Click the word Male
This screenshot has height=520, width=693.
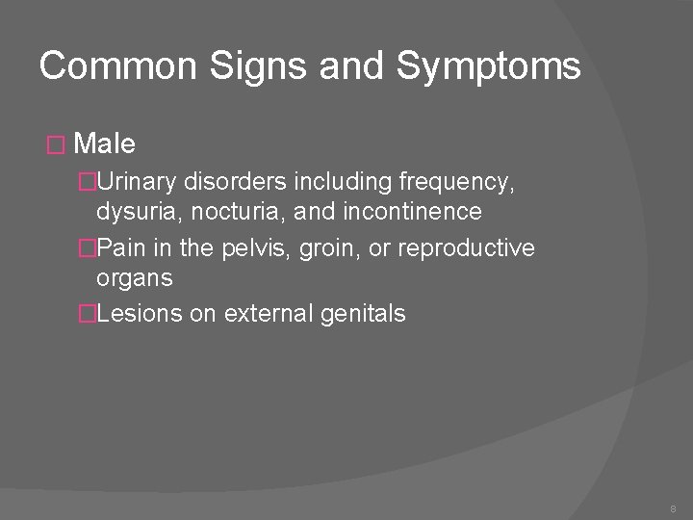104,144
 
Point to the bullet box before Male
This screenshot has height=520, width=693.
55,145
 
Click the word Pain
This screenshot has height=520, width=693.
120,247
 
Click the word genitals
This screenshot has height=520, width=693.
367,314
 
